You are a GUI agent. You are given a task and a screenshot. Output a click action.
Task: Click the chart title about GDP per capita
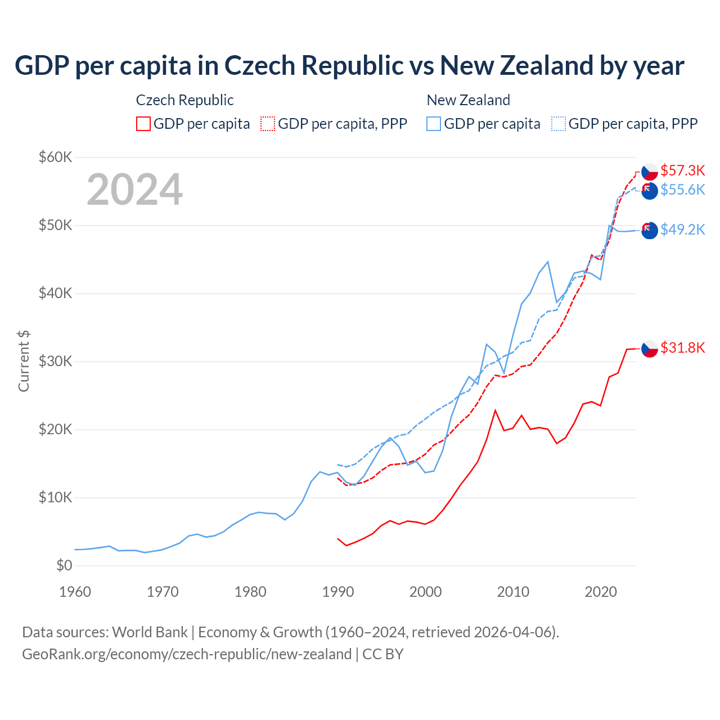click(x=349, y=66)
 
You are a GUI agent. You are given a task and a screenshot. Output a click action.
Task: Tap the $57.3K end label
click(x=682, y=170)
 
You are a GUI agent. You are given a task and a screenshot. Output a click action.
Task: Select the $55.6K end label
click(x=682, y=190)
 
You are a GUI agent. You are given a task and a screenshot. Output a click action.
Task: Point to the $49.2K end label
click(x=682, y=229)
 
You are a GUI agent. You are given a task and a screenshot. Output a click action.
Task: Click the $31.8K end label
click(x=682, y=348)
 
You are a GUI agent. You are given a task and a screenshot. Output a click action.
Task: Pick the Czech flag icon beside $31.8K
click(x=650, y=349)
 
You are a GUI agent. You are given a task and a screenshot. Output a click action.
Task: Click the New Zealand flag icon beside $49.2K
click(x=650, y=230)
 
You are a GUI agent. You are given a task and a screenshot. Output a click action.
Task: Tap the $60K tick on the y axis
click(x=55, y=157)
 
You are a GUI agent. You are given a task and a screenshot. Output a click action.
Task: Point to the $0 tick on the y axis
click(x=64, y=565)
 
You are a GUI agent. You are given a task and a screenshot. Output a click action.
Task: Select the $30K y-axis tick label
click(x=55, y=361)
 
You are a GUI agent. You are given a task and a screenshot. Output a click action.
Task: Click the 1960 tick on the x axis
click(x=75, y=592)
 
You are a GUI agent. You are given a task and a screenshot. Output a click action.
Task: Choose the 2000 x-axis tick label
click(x=425, y=592)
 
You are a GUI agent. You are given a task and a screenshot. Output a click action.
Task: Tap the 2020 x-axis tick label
click(x=601, y=592)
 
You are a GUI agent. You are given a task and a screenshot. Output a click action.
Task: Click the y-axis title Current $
click(x=24, y=361)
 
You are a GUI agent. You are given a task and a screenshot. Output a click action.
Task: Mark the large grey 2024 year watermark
click(x=134, y=190)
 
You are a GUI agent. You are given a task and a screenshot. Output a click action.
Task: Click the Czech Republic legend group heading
click(x=184, y=100)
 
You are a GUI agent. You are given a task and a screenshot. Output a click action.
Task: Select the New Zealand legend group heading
click(x=468, y=100)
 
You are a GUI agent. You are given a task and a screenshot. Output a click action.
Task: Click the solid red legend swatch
click(x=143, y=124)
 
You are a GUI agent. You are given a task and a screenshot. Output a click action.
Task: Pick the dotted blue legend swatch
click(x=559, y=124)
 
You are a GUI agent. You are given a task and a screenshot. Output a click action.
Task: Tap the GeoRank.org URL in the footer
click(x=187, y=654)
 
